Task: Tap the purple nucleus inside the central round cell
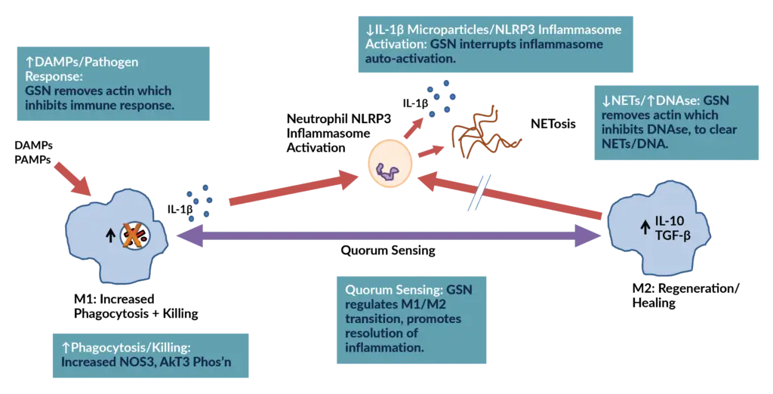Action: pos(390,170)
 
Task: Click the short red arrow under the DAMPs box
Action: pos(73,178)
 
